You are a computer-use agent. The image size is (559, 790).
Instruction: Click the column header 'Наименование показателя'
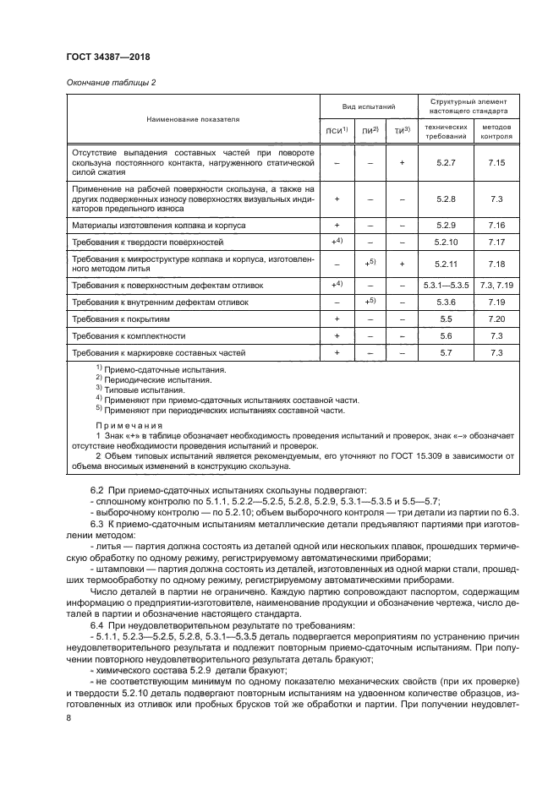tap(193, 120)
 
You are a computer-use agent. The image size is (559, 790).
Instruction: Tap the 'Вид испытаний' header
tap(369, 109)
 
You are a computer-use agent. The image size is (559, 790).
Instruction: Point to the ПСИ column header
tap(336, 130)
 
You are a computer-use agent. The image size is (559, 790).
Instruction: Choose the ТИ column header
tap(401, 130)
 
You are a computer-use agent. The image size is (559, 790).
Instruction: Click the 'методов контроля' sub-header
tap(496, 130)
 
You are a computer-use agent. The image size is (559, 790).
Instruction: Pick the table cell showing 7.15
tap(496, 161)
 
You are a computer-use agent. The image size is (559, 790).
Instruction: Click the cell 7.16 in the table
tap(496, 226)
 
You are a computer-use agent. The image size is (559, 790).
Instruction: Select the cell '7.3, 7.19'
tap(496, 286)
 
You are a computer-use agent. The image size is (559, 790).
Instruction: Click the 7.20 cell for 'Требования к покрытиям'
tap(496, 319)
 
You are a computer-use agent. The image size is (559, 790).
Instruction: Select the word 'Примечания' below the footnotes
tap(129, 425)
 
